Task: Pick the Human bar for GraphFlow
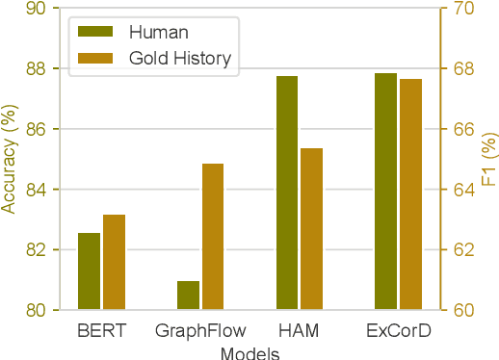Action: [188, 296]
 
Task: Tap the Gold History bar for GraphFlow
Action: [213, 237]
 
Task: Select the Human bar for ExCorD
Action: [385, 192]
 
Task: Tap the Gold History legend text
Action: [180, 58]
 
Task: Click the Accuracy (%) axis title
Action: [10, 159]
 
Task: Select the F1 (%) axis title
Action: [488, 159]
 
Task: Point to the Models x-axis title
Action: [249, 353]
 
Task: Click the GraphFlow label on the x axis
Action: [199, 332]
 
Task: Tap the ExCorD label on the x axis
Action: [398, 332]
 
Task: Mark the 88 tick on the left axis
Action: [38, 68]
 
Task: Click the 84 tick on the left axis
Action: [38, 190]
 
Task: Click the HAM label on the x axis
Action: [299, 332]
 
